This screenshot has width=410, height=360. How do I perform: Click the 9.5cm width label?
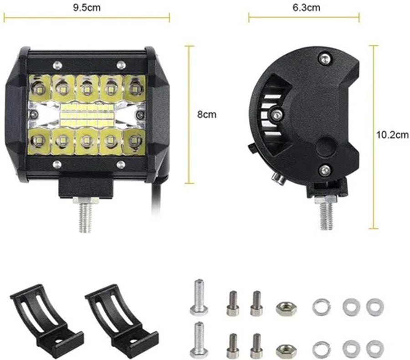click(87, 7)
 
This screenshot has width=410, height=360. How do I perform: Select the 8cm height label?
click(206, 114)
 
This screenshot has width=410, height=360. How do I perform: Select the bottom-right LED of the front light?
click(134, 141)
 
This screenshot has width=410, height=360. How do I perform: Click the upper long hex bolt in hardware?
click(198, 296)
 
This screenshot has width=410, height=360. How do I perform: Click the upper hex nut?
click(286, 309)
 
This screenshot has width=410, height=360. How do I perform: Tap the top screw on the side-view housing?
click(323, 58)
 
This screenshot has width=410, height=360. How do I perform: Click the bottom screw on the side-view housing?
click(324, 170)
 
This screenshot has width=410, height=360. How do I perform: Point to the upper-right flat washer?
click(375, 307)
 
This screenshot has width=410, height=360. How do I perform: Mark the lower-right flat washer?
click(375, 348)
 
